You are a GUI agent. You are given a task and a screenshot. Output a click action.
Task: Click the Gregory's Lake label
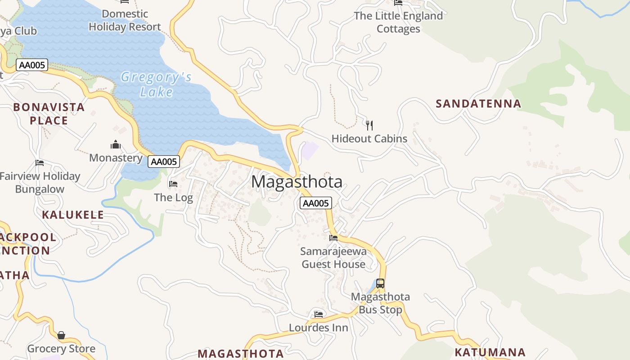[156, 85]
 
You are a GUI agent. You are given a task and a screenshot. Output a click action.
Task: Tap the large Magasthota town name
[297, 182]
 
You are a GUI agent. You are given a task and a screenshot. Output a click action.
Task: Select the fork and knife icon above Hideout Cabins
[369, 125]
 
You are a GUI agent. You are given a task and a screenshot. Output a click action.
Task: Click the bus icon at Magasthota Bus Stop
[380, 283]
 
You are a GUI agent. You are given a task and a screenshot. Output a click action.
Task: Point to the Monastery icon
[116, 144]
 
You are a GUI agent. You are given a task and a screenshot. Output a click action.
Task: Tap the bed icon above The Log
[173, 184]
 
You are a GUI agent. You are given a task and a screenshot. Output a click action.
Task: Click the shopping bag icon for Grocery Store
[61, 335]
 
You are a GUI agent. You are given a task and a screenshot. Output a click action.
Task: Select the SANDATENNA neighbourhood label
[478, 103]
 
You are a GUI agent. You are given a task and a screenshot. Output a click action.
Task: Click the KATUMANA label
[490, 352]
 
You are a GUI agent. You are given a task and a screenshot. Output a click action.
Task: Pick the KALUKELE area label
[73, 215]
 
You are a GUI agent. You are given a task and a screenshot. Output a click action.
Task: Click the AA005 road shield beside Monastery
[164, 162]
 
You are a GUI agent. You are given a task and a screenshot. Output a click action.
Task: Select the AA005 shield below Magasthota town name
[315, 203]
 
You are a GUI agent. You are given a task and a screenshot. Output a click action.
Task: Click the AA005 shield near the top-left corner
[31, 65]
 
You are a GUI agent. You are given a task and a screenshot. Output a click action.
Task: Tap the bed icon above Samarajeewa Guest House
[333, 238]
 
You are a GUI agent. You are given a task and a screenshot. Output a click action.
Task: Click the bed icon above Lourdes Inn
[319, 314]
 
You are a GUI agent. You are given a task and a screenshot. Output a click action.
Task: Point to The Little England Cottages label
[398, 22]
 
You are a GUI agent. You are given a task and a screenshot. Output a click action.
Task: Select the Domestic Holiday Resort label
[125, 20]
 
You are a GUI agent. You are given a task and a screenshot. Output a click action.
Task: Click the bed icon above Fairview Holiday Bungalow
[40, 163]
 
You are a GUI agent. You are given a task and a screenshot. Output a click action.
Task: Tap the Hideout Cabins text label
[369, 139]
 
